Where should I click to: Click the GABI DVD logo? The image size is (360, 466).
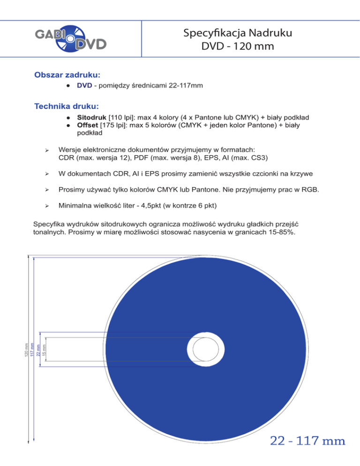(x=71, y=39)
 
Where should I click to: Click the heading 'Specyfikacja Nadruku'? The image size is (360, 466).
(x=239, y=33)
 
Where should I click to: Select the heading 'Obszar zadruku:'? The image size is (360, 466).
(x=68, y=75)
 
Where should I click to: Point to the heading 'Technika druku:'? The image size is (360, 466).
(x=69, y=107)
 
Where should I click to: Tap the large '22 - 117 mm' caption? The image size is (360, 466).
(x=307, y=441)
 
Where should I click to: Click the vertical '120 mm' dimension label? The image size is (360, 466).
(x=26, y=349)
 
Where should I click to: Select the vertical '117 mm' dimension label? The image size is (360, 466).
(x=32, y=349)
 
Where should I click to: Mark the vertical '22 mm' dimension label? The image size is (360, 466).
(x=38, y=349)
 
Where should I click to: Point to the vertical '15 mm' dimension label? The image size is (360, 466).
(x=44, y=349)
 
